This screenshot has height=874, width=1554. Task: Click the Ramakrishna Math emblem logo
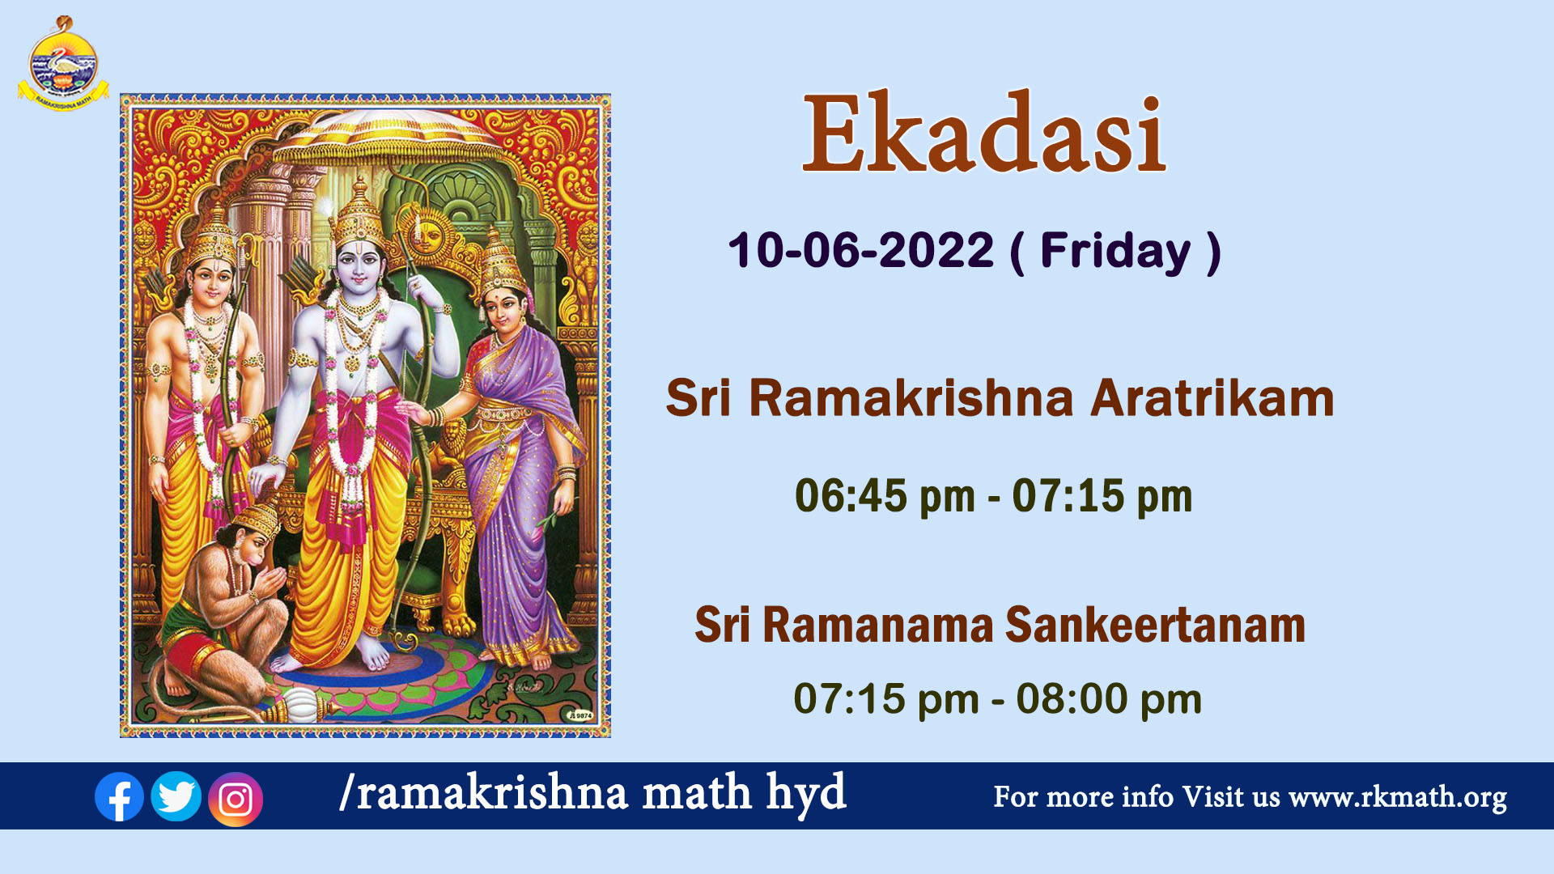coord(63,64)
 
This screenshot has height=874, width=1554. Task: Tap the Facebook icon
coord(119,797)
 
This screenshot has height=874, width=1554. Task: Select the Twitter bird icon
coord(176,796)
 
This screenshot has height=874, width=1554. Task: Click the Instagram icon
coord(236,800)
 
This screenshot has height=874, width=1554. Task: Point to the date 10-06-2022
coord(860,250)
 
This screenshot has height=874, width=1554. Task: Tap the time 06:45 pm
coord(885,496)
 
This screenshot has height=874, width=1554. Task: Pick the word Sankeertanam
coord(1155,626)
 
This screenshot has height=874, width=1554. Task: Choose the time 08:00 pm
coord(1109,699)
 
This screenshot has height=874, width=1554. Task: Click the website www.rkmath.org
coord(1398,797)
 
